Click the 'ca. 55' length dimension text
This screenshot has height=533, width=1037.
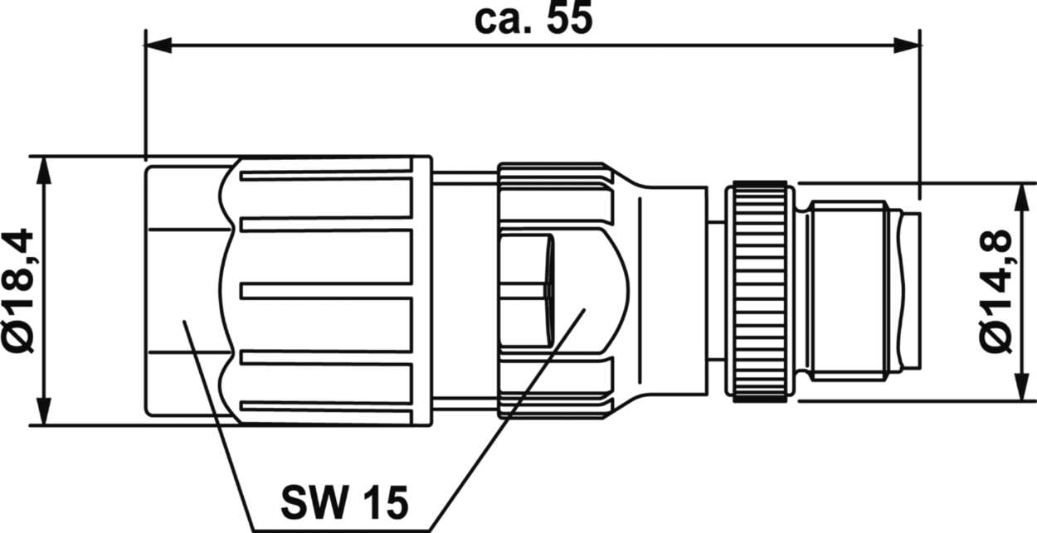[533, 20]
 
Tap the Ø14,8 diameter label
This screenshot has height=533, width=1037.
[996, 291]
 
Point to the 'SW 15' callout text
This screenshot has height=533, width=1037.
[343, 501]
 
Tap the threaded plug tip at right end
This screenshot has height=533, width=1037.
[854, 291]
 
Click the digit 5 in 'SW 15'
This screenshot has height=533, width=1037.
[396, 501]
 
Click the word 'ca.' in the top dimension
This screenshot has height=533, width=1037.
[498, 20]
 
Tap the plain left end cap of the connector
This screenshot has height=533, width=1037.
[183, 291]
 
